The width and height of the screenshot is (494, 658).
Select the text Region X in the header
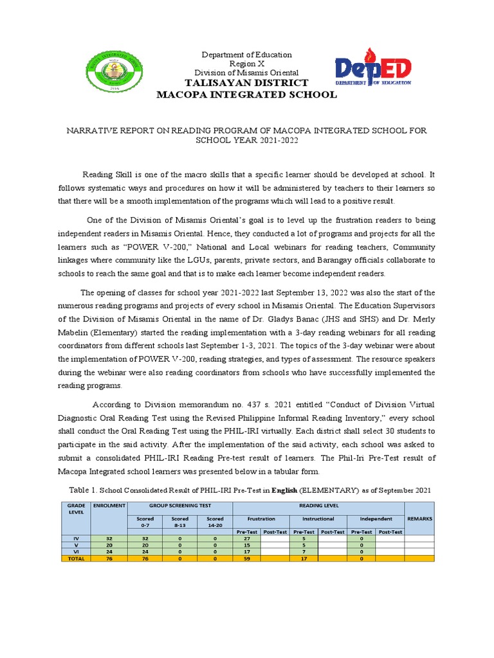click(x=247, y=64)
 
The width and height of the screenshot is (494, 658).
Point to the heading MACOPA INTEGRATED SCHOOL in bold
click(x=247, y=95)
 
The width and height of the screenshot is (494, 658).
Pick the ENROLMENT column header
click(x=108, y=506)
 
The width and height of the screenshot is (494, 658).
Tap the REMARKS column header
click(x=419, y=519)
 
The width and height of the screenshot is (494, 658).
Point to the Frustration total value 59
click(x=247, y=559)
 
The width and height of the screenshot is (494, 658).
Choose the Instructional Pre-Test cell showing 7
click(x=304, y=553)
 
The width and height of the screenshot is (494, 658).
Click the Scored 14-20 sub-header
click(x=215, y=521)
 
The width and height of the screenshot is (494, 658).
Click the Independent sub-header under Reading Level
click(x=376, y=519)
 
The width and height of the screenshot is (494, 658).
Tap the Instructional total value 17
click(x=304, y=559)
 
